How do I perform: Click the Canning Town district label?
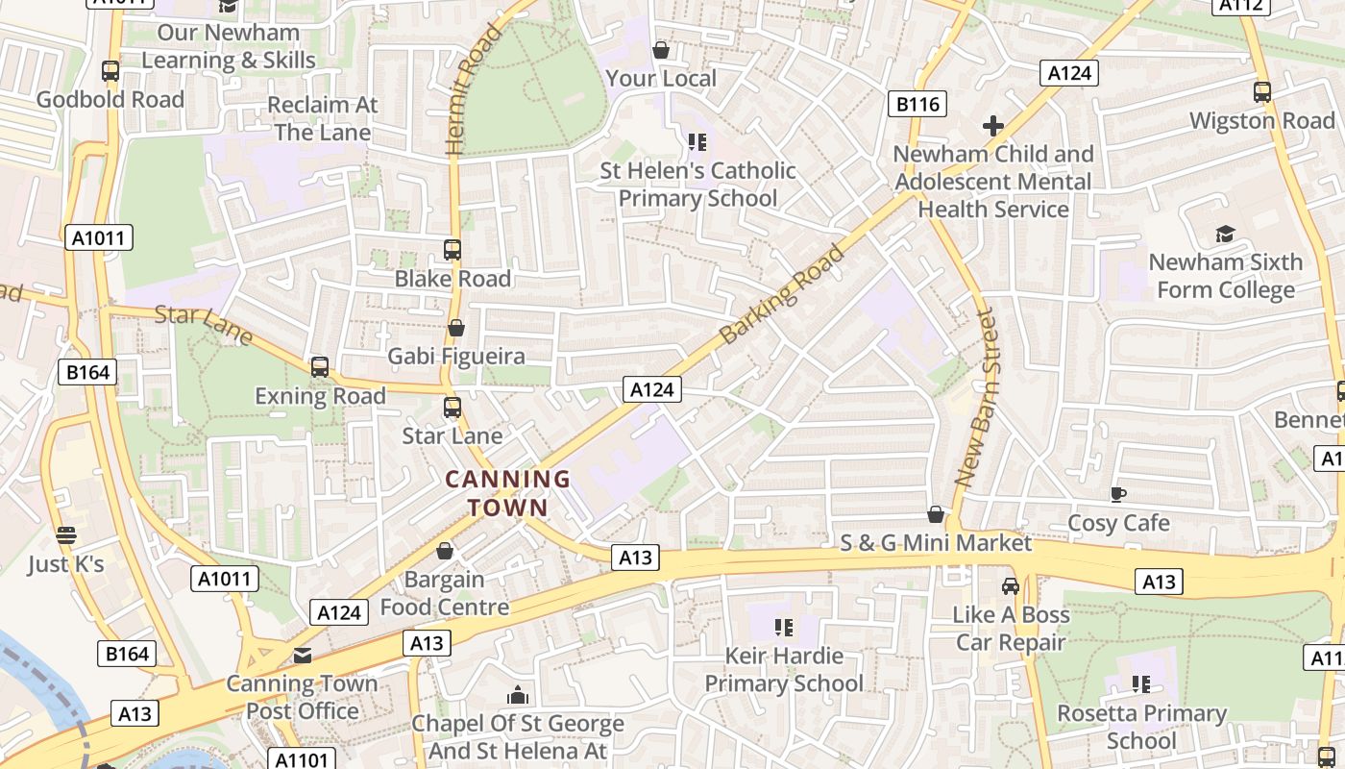coord(507,493)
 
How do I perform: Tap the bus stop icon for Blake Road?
coord(452,250)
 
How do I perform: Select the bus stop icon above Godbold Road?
coord(110,71)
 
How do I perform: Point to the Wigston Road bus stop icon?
coord(1262,92)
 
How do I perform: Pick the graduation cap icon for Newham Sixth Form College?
coord(1225,234)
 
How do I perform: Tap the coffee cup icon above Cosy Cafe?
coord(1118,495)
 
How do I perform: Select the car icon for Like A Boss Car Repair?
coord(1011,586)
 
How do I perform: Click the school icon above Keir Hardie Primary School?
coord(784,628)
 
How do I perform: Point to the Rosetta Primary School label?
coord(1141,727)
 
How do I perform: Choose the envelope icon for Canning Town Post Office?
coord(303,656)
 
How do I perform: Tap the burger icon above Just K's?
coord(65,535)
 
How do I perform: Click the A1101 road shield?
coord(301,759)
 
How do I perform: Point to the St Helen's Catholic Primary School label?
coord(697,185)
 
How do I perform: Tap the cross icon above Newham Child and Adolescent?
coord(993,126)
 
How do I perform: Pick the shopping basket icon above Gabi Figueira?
coord(456,328)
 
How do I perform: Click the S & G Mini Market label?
coord(936,543)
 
